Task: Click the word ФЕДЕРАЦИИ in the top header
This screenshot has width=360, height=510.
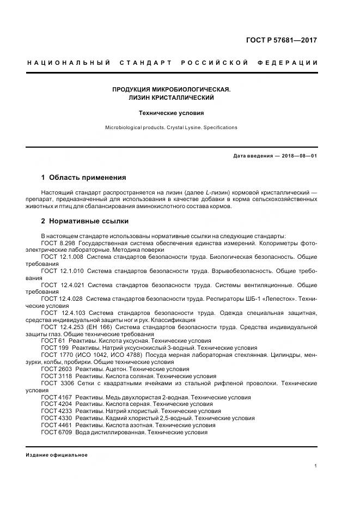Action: (x=291, y=63)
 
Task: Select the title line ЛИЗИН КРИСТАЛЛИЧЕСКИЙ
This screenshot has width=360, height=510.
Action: (x=171, y=98)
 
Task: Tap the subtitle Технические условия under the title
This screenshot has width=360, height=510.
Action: (x=171, y=113)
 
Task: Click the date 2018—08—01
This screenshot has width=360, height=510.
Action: (x=299, y=156)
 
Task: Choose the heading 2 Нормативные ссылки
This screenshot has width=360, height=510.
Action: (x=85, y=221)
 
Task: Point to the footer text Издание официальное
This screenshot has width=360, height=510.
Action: (x=57, y=455)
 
